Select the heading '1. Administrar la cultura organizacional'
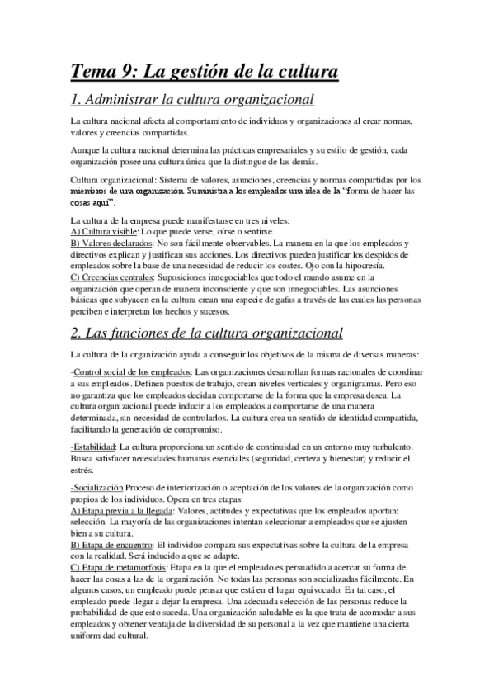coord(192,102)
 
